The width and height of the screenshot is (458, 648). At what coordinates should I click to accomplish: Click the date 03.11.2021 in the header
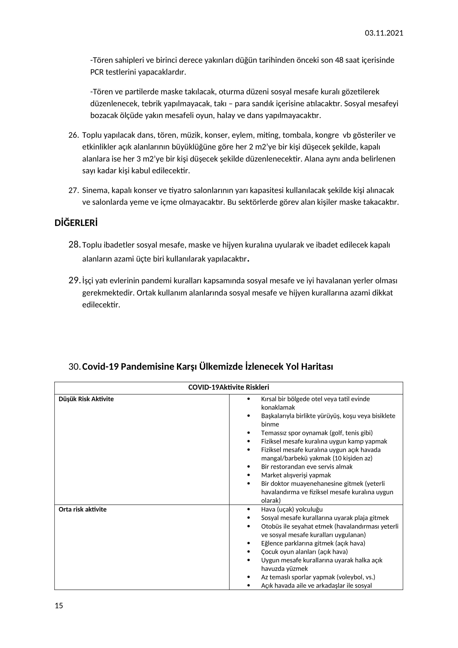384,33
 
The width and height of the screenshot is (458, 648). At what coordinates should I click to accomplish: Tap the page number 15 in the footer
59,606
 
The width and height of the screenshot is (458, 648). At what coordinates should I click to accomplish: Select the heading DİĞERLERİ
76,223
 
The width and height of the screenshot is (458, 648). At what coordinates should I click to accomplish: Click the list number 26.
73,135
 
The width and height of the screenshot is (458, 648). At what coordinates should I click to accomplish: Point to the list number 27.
73,191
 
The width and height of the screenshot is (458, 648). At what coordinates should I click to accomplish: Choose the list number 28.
74,244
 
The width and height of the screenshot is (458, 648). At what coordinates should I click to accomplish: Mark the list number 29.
74,280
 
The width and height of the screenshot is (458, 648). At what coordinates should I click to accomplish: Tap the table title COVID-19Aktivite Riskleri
228,387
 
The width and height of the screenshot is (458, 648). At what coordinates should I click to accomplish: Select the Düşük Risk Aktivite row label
86,399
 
